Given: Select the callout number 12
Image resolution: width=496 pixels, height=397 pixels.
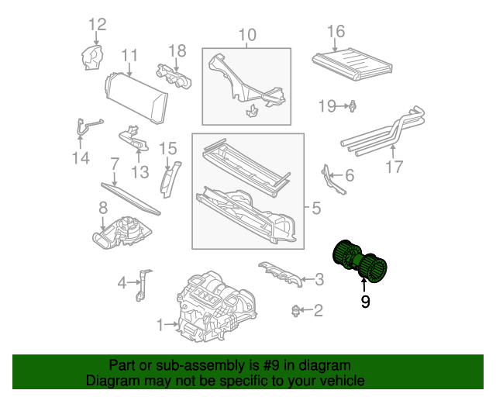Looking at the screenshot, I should click(x=96, y=25).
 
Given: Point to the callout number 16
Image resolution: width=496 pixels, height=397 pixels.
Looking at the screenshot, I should click(x=336, y=32).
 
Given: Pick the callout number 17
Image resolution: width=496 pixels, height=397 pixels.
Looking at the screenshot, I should click(x=394, y=167).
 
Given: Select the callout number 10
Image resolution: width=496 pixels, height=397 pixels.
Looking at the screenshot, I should click(x=246, y=35).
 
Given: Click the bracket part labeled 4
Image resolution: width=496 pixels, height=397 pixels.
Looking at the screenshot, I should click(x=143, y=285).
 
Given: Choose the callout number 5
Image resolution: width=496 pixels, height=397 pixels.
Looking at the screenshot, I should click(x=315, y=208).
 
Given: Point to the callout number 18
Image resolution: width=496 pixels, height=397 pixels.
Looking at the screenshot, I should click(x=177, y=50).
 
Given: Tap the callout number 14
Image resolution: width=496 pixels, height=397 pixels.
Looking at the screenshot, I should click(x=81, y=158).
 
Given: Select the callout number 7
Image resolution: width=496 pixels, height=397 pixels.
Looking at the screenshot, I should click(x=114, y=164).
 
